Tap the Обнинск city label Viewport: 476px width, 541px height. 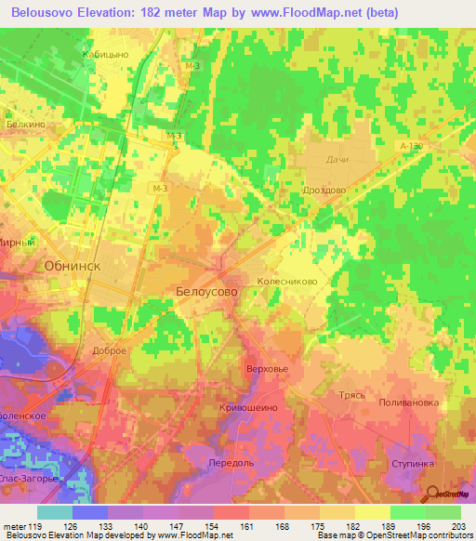pos(72,265)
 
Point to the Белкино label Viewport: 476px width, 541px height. pos(25,123)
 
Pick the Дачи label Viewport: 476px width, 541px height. pos(337,160)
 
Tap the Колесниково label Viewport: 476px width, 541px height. pos(295,277)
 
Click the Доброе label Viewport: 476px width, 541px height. pos(109,350)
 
